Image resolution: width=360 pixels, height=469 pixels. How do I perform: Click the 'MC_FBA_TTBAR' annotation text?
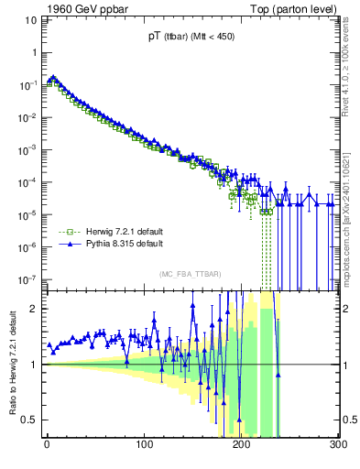191,274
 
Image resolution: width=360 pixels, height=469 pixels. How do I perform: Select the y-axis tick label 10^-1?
27,84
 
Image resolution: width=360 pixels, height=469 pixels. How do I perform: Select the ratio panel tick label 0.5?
30,420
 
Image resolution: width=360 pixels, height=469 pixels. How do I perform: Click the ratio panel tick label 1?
36,365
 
